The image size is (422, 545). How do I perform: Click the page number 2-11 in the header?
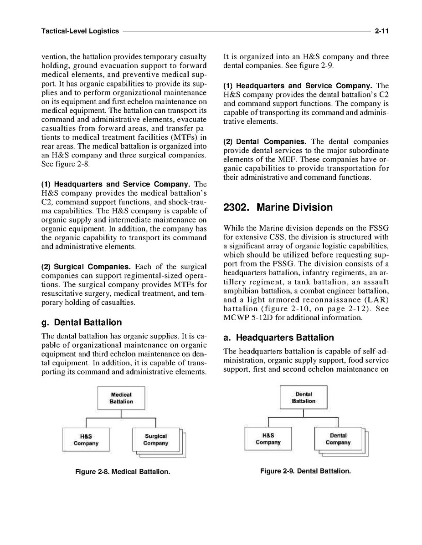(x=381, y=31)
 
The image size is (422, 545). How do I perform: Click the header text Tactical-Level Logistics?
(x=80, y=31)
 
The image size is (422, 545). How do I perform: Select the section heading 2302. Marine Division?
(x=278, y=207)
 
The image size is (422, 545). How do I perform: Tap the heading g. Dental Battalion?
(x=82, y=323)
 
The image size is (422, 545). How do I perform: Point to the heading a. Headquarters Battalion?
(x=278, y=338)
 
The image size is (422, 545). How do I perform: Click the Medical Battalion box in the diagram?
(x=121, y=398)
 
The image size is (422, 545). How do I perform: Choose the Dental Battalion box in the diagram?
(x=304, y=397)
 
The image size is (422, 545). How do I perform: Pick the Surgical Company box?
(x=155, y=439)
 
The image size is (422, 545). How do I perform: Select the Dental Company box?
(x=338, y=439)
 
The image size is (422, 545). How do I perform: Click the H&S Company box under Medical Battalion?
(x=86, y=439)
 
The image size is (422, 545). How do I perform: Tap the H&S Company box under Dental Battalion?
(x=268, y=439)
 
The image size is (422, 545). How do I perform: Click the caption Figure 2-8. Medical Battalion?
(x=123, y=472)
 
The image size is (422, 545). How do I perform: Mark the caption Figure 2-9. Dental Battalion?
(x=305, y=471)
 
